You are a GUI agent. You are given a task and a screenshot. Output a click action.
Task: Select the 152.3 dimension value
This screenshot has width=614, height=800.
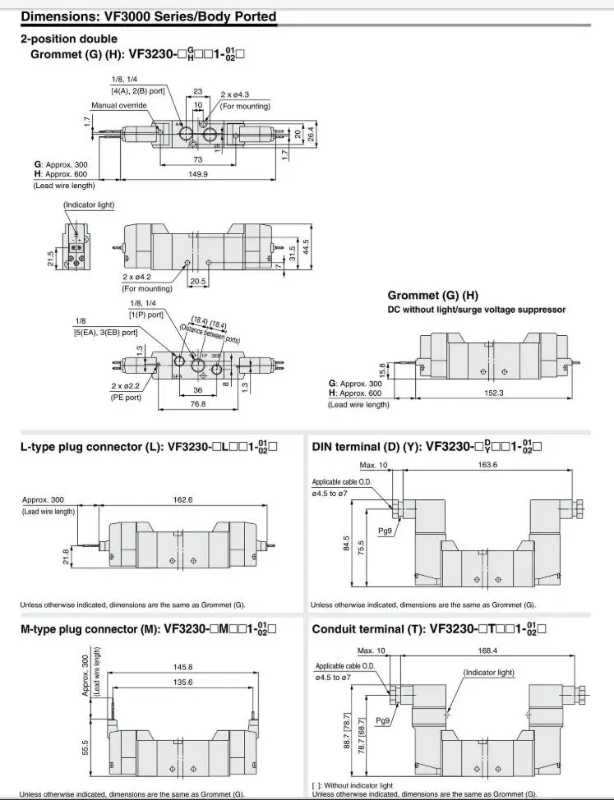(493, 393)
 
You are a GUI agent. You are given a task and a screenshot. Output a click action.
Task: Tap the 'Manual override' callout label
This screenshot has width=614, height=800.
(118, 106)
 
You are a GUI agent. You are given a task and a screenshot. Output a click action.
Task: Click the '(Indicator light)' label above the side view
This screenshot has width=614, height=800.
(89, 204)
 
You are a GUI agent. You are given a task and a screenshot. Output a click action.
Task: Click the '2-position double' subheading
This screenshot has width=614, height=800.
(68, 39)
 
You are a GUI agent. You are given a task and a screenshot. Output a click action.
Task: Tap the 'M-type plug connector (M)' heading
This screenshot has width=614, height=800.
(90, 630)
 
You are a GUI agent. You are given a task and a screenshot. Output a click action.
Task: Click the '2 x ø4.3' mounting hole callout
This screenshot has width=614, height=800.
(238, 95)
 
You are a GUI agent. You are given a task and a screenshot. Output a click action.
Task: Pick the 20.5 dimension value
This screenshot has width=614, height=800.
(198, 280)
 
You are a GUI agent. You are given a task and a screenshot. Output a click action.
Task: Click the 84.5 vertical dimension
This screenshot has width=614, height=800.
(345, 545)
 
